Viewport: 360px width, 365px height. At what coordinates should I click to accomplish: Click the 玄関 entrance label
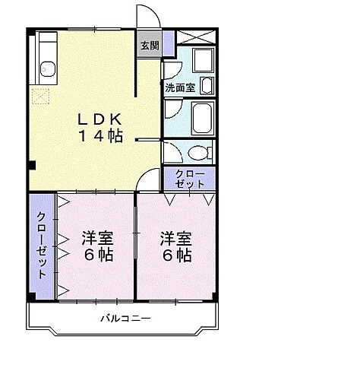[149, 45]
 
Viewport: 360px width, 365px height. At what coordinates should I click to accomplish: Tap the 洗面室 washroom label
[179, 87]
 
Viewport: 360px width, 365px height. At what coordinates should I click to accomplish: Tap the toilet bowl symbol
[199, 152]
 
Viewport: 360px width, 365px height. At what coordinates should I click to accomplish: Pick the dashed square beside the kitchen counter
[40, 97]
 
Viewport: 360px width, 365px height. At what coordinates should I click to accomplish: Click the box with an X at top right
[197, 38]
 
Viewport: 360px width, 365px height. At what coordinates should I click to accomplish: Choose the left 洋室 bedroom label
[97, 246]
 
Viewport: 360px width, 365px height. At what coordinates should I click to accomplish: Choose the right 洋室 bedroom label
[175, 246]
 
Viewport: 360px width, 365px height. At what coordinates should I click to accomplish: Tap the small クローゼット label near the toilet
[188, 179]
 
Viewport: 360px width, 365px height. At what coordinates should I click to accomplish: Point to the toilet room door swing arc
[173, 151]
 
